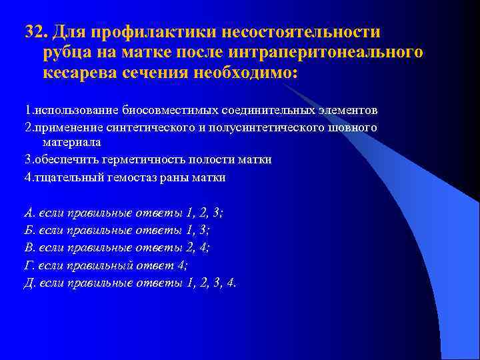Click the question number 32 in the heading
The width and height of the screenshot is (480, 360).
[x=33, y=32]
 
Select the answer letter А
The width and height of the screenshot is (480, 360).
[x=29, y=213]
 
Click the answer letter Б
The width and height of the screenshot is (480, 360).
[x=29, y=231]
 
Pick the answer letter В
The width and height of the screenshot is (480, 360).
[x=29, y=248]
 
